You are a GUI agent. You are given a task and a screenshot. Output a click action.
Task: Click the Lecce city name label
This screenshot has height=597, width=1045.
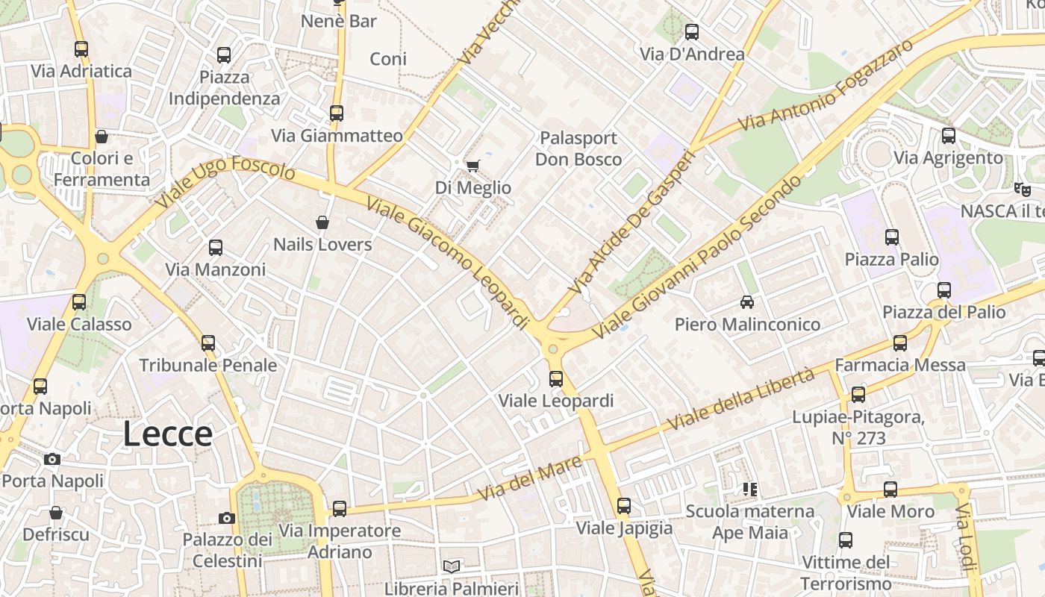[x=167, y=434]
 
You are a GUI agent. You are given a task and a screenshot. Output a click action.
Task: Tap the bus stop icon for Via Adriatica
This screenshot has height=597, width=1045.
[x=81, y=49]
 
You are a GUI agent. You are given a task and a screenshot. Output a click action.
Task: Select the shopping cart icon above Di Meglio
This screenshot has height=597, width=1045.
[x=472, y=166]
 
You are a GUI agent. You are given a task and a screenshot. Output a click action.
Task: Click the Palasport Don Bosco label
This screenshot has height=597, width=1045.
[x=578, y=149]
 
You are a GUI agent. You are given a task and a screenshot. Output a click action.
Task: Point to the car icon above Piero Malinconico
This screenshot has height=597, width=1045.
[x=747, y=302]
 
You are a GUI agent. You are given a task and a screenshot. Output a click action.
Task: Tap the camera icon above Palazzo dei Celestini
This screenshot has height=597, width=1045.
[x=227, y=518]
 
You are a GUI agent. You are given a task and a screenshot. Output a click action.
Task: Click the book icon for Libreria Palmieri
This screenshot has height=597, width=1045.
[x=451, y=566]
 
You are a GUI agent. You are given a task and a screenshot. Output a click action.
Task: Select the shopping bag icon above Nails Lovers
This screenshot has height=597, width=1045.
[x=322, y=222]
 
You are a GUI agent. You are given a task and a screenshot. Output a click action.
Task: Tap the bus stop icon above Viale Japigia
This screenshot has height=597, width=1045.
[x=624, y=506]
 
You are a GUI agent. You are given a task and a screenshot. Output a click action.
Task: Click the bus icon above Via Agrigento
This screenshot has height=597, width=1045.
[x=948, y=136]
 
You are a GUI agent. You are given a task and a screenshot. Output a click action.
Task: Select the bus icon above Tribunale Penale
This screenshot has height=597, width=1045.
[x=208, y=343]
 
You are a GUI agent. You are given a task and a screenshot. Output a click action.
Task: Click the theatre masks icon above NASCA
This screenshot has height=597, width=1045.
[x=1022, y=189]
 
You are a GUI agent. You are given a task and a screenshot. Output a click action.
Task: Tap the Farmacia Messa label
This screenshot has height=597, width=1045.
[x=899, y=365]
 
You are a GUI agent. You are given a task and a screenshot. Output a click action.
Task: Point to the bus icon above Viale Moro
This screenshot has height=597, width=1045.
[x=890, y=490]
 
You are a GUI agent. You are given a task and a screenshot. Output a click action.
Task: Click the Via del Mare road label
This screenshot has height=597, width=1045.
[x=530, y=478]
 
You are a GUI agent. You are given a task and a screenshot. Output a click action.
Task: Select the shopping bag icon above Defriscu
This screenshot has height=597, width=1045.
[x=56, y=513]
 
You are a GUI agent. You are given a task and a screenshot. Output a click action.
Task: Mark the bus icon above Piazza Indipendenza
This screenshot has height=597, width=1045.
[x=224, y=54]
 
